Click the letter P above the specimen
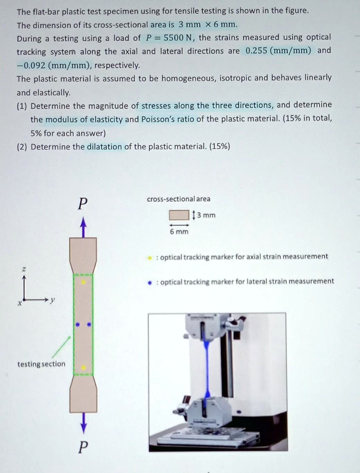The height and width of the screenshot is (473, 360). [83, 204]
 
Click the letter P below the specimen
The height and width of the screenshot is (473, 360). [83, 448]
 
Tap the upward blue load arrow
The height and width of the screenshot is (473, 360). [83, 227]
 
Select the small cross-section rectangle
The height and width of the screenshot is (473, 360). [179, 215]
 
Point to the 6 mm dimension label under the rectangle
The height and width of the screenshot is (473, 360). [179, 231]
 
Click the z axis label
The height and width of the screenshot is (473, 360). [24, 269]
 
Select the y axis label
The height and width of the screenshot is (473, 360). [52, 300]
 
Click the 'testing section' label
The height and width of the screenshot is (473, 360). [41, 364]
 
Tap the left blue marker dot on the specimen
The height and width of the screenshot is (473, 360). [78, 325]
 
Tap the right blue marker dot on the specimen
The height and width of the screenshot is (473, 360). [89, 325]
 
